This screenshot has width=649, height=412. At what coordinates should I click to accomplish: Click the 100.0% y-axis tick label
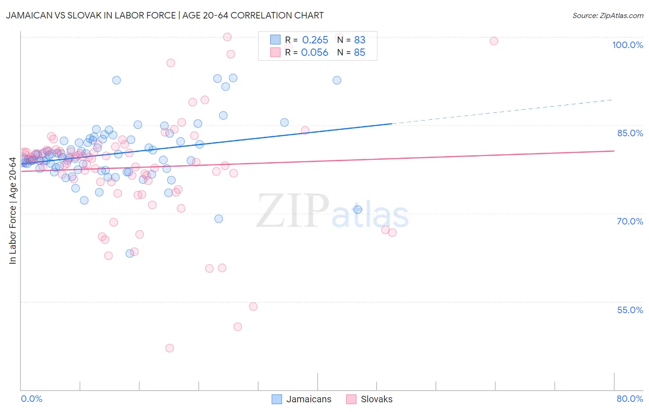pyautogui.click(x=627, y=45)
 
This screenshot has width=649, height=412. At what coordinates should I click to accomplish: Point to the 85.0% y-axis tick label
pyautogui.click(x=630, y=133)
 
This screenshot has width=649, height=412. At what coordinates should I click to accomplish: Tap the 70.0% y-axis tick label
pyautogui.click(x=630, y=221)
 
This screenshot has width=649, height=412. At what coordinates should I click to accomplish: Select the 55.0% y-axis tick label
pyautogui.click(x=630, y=310)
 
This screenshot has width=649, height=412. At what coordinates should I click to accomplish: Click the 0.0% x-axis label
pyautogui.click(x=31, y=399)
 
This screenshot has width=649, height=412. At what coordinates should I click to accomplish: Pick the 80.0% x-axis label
pyautogui.click(x=630, y=399)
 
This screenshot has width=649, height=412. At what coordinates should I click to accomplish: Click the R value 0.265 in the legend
pyautogui.click(x=315, y=40)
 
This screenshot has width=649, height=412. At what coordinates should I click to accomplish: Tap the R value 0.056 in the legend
pyautogui.click(x=314, y=53)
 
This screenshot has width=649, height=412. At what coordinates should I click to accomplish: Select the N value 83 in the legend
pyautogui.click(x=360, y=40)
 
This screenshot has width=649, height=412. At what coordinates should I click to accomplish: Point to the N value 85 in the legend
pyautogui.click(x=360, y=53)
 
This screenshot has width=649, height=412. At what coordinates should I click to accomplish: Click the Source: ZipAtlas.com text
pyautogui.click(x=607, y=16)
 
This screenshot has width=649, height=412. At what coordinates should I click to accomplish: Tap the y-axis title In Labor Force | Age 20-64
pyautogui.click(x=12, y=211)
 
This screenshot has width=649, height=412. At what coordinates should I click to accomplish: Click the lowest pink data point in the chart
pyautogui.click(x=169, y=348)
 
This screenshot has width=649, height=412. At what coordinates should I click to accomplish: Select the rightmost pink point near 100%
pyautogui.click(x=493, y=41)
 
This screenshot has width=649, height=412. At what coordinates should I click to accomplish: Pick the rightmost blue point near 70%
pyautogui.click(x=358, y=209)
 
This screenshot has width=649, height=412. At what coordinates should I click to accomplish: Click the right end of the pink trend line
pyautogui.click(x=613, y=151)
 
